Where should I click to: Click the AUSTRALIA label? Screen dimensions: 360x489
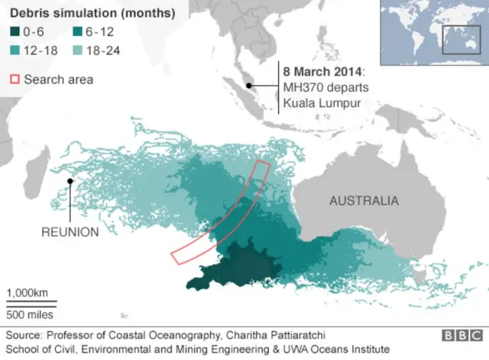(364, 201)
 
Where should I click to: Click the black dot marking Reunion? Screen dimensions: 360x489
(70, 180)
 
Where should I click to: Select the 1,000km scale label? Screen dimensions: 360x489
(28, 293)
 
